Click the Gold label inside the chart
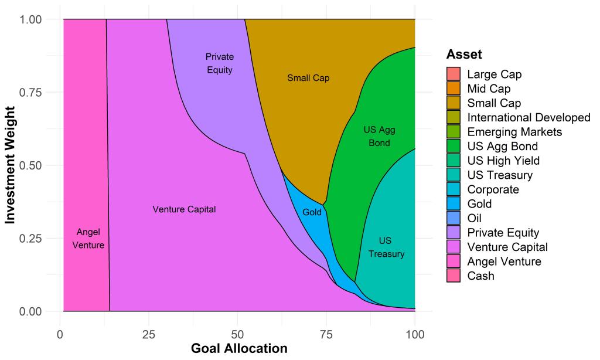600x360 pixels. click(x=312, y=212)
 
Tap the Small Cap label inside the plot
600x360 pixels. click(x=308, y=78)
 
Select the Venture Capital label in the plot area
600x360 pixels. click(x=184, y=209)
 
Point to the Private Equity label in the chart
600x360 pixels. click(x=220, y=63)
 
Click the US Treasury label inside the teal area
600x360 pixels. click(x=386, y=247)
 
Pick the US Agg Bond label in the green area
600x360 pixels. click(x=379, y=136)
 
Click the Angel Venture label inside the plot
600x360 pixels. click(x=88, y=238)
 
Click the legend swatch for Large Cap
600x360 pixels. click(x=454, y=74)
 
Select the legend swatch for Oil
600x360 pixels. click(x=454, y=218)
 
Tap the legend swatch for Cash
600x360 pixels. click(x=454, y=276)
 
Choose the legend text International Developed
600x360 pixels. click(x=529, y=117)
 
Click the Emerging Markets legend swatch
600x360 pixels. click(x=454, y=132)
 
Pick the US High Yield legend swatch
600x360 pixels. click(x=454, y=161)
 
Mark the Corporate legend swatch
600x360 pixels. click(x=454, y=189)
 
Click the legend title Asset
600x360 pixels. click(x=464, y=55)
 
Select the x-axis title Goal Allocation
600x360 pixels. click(x=239, y=348)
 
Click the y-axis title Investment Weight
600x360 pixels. click(x=11, y=165)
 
